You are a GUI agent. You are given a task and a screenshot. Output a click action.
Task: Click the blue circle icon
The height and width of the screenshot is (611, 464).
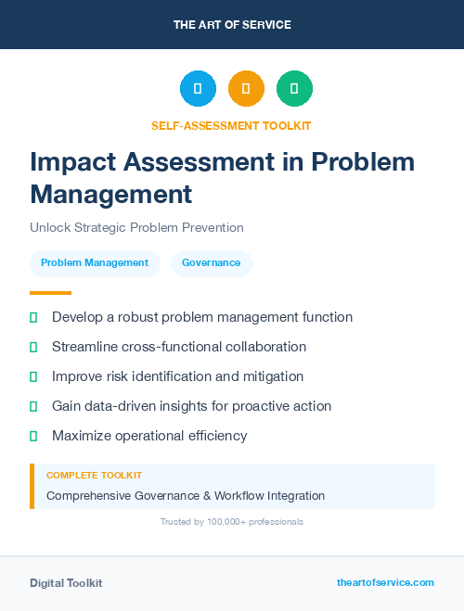point(198,88)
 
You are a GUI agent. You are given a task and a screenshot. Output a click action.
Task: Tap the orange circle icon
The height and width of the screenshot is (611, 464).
point(246,88)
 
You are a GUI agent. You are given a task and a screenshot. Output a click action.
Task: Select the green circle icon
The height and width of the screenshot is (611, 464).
point(294,88)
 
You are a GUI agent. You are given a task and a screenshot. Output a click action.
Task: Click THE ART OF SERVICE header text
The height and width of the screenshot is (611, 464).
point(232,25)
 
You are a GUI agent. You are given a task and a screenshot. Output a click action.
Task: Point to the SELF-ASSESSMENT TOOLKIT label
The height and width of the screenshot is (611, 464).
point(232,125)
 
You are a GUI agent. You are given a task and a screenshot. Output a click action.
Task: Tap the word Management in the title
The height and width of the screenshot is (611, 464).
point(111,195)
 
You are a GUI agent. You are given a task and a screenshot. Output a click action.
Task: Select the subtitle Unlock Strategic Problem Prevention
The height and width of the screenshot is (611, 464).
point(136,227)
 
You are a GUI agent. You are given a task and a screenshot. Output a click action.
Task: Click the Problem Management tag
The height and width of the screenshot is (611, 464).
point(95,262)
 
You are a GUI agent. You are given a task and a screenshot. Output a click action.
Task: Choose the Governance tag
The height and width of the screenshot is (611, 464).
point(211,262)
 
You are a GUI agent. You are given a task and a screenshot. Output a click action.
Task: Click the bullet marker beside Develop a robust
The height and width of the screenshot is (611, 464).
point(33,317)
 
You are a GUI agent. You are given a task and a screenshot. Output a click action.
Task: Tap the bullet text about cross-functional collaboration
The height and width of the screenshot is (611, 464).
point(179,347)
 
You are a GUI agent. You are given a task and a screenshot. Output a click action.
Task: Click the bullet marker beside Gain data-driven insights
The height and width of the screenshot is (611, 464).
point(33,406)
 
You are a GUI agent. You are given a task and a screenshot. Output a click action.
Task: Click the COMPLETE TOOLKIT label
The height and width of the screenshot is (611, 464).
point(94,475)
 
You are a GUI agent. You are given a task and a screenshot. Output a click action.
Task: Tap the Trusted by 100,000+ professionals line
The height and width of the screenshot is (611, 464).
point(232,522)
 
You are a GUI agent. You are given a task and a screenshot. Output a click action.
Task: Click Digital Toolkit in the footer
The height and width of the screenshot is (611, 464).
point(66,583)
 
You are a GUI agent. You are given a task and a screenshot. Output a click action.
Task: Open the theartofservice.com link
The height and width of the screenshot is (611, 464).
point(385,582)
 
